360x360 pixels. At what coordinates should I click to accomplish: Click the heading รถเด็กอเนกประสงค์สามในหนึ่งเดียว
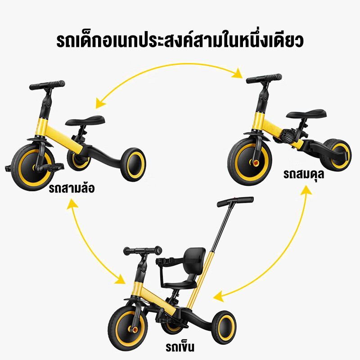[x=180, y=41]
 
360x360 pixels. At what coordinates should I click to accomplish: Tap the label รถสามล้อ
[x=72, y=188]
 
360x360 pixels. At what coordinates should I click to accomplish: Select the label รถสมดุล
[x=304, y=175]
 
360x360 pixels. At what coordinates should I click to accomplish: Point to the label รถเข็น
[x=180, y=346]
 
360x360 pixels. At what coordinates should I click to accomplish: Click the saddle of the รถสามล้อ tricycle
[x=85, y=120]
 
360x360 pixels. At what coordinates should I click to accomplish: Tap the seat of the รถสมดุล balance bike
[x=306, y=114]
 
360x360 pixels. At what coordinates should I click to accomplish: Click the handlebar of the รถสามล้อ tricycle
[x=47, y=85]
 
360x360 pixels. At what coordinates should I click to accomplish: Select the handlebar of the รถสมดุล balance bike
[x=264, y=78]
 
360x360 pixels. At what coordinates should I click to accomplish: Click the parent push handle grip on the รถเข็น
[x=235, y=201]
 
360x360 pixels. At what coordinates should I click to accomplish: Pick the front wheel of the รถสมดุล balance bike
[x=250, y=162]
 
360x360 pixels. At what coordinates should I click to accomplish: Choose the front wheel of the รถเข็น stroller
[x=128, y=328]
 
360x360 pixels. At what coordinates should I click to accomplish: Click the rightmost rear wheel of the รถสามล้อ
[x=133, y=164]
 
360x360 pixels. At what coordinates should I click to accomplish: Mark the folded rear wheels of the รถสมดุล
[x=336, y=154]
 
